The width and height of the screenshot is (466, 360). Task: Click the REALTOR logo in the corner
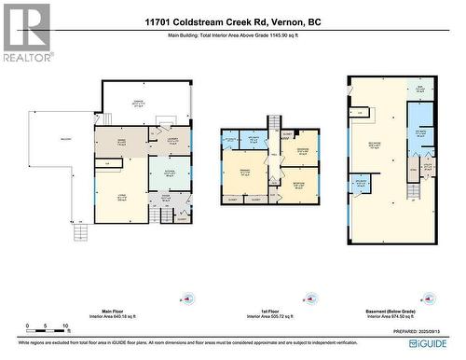coord(25,32)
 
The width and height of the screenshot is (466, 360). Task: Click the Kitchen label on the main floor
coord(170,173)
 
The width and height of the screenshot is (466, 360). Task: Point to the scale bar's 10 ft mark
coord(63,327)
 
